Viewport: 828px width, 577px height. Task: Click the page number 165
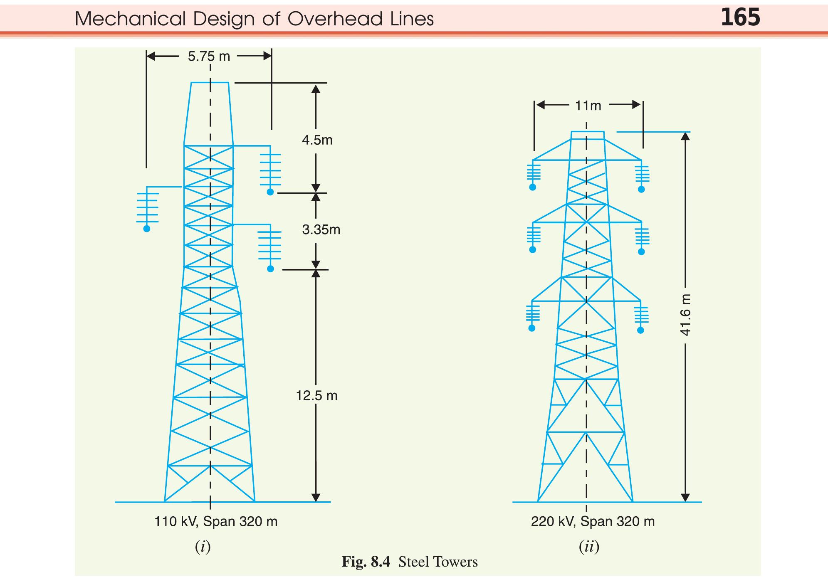click(740, 18)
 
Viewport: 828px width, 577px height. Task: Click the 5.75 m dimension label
click(209, 56)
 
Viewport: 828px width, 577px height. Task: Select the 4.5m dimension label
click(317, 140)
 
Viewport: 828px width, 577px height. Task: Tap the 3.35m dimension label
click(321, 229)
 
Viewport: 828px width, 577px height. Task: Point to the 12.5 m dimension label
click(316, 395)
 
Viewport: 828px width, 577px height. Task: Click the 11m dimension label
click(588, 106)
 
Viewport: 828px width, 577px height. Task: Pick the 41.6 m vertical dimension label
click(685, 315)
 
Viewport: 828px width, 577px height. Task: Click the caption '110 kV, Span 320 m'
click(216, 521)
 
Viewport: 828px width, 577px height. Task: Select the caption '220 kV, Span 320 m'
click(593, 521)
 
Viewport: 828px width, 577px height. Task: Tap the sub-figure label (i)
click(203, 547)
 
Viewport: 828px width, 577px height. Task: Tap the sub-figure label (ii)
click(589, 547)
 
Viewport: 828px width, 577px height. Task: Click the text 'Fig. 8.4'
click(366, 562)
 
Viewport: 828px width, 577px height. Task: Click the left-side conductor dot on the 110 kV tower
click(147, 229)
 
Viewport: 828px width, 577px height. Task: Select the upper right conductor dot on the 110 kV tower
click(270, 192)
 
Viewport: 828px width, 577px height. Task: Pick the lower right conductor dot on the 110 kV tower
click(270, 269)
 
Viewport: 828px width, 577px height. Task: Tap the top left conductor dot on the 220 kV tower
click(533, 187)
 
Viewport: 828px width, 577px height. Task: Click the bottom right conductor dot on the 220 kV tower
click(641, 330)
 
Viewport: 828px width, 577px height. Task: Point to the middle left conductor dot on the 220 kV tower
click(533, 250)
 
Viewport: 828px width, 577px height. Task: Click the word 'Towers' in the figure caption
click(457, 562)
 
